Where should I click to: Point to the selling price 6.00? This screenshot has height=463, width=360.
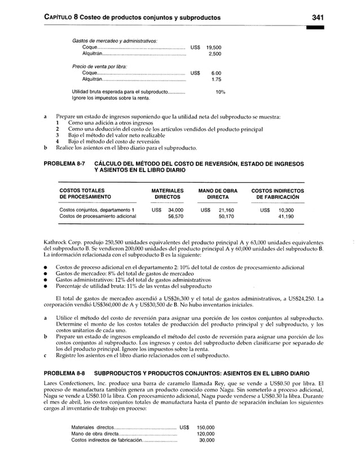click(x=216, y=73)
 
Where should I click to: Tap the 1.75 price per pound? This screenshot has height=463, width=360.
click(x=216, y=80)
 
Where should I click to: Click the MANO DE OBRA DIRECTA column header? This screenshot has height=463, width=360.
click(x=217, y=194)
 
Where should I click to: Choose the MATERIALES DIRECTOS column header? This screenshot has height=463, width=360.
click(x=168, y=194)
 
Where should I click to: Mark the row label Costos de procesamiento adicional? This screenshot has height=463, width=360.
click(x=98, y=216)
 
